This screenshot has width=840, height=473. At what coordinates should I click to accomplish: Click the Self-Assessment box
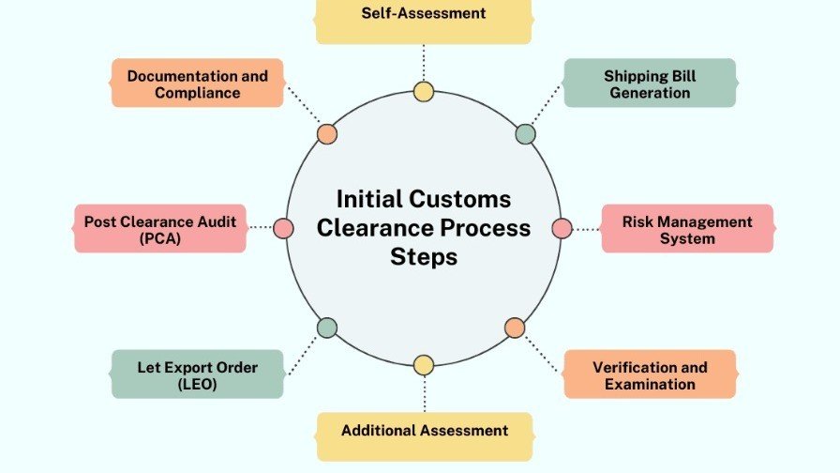pos(424,19)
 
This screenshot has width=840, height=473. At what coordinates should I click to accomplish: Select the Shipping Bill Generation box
pos(650,84)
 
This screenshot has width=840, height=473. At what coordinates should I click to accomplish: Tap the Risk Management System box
pos(687,229)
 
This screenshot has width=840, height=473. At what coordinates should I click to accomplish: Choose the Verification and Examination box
pos(650,374)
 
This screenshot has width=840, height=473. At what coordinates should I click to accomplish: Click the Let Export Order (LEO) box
pos(197,374)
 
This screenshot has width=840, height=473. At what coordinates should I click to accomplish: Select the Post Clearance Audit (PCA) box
pos(160,229)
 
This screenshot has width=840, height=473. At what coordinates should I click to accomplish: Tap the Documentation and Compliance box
pos(197,84)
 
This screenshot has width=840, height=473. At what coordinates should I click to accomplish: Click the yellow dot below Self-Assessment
pos(424,92)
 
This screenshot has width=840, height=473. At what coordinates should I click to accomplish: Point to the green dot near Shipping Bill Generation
pos(526,133)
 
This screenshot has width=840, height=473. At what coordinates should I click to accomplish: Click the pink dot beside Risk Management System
pos(562,228)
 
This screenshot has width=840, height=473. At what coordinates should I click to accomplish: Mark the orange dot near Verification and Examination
pos(515,328)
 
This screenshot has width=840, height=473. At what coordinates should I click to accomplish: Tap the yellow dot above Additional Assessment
pos(424,365)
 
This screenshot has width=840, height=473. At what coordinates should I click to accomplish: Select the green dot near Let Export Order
pos(326,328)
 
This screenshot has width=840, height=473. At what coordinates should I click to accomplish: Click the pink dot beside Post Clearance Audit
pos(283,227)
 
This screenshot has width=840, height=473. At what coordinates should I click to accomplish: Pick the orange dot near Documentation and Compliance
pos(326,133)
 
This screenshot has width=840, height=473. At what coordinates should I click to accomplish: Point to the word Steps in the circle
pos(424,256)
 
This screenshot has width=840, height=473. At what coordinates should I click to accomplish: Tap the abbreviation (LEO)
pos(197,384)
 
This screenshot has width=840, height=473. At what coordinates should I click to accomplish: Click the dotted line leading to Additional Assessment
pos(424,394)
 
